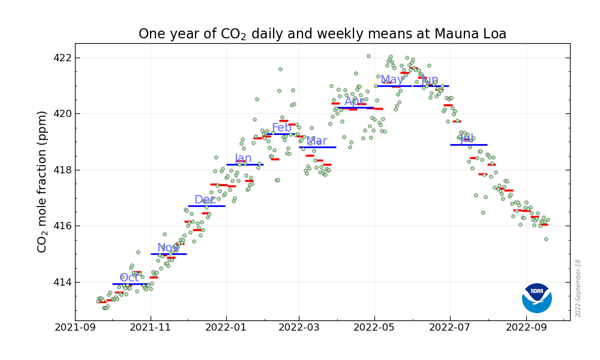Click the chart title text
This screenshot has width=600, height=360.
click(x=322, y=34)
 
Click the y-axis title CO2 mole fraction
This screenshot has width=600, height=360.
click(x=43, y=181)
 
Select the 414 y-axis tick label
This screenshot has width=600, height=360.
click(x=63, y=282)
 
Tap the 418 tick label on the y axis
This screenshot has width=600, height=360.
click(x=63, y=170)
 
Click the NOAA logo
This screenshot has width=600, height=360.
click(x=536, y=298)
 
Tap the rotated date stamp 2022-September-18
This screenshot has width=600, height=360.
click(x=578, y=288)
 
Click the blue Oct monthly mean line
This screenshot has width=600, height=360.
click(x=131, y=284)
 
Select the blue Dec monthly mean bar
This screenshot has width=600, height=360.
click(x=206, y=206)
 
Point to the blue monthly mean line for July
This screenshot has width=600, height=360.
click(x=469, y=145)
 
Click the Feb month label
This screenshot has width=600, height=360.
click(x=281, y=128)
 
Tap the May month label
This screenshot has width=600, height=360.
click(x=392, y=80)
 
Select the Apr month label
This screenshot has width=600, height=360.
click(x=355, y=101)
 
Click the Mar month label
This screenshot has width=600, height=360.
click(x=317, y=141)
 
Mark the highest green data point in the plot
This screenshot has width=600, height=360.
click(x=368, y=56)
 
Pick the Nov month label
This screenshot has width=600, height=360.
click(x=168, y=248)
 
